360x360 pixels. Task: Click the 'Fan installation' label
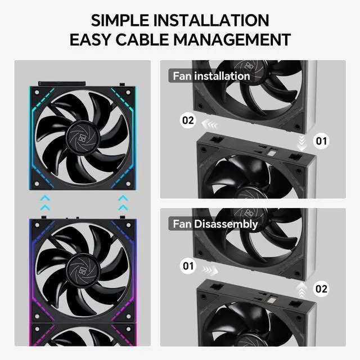(210, 75)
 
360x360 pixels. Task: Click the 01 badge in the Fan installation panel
(321, 140)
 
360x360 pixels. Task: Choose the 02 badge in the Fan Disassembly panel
(321, 289)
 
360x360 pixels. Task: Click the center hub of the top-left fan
(84, 137)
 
